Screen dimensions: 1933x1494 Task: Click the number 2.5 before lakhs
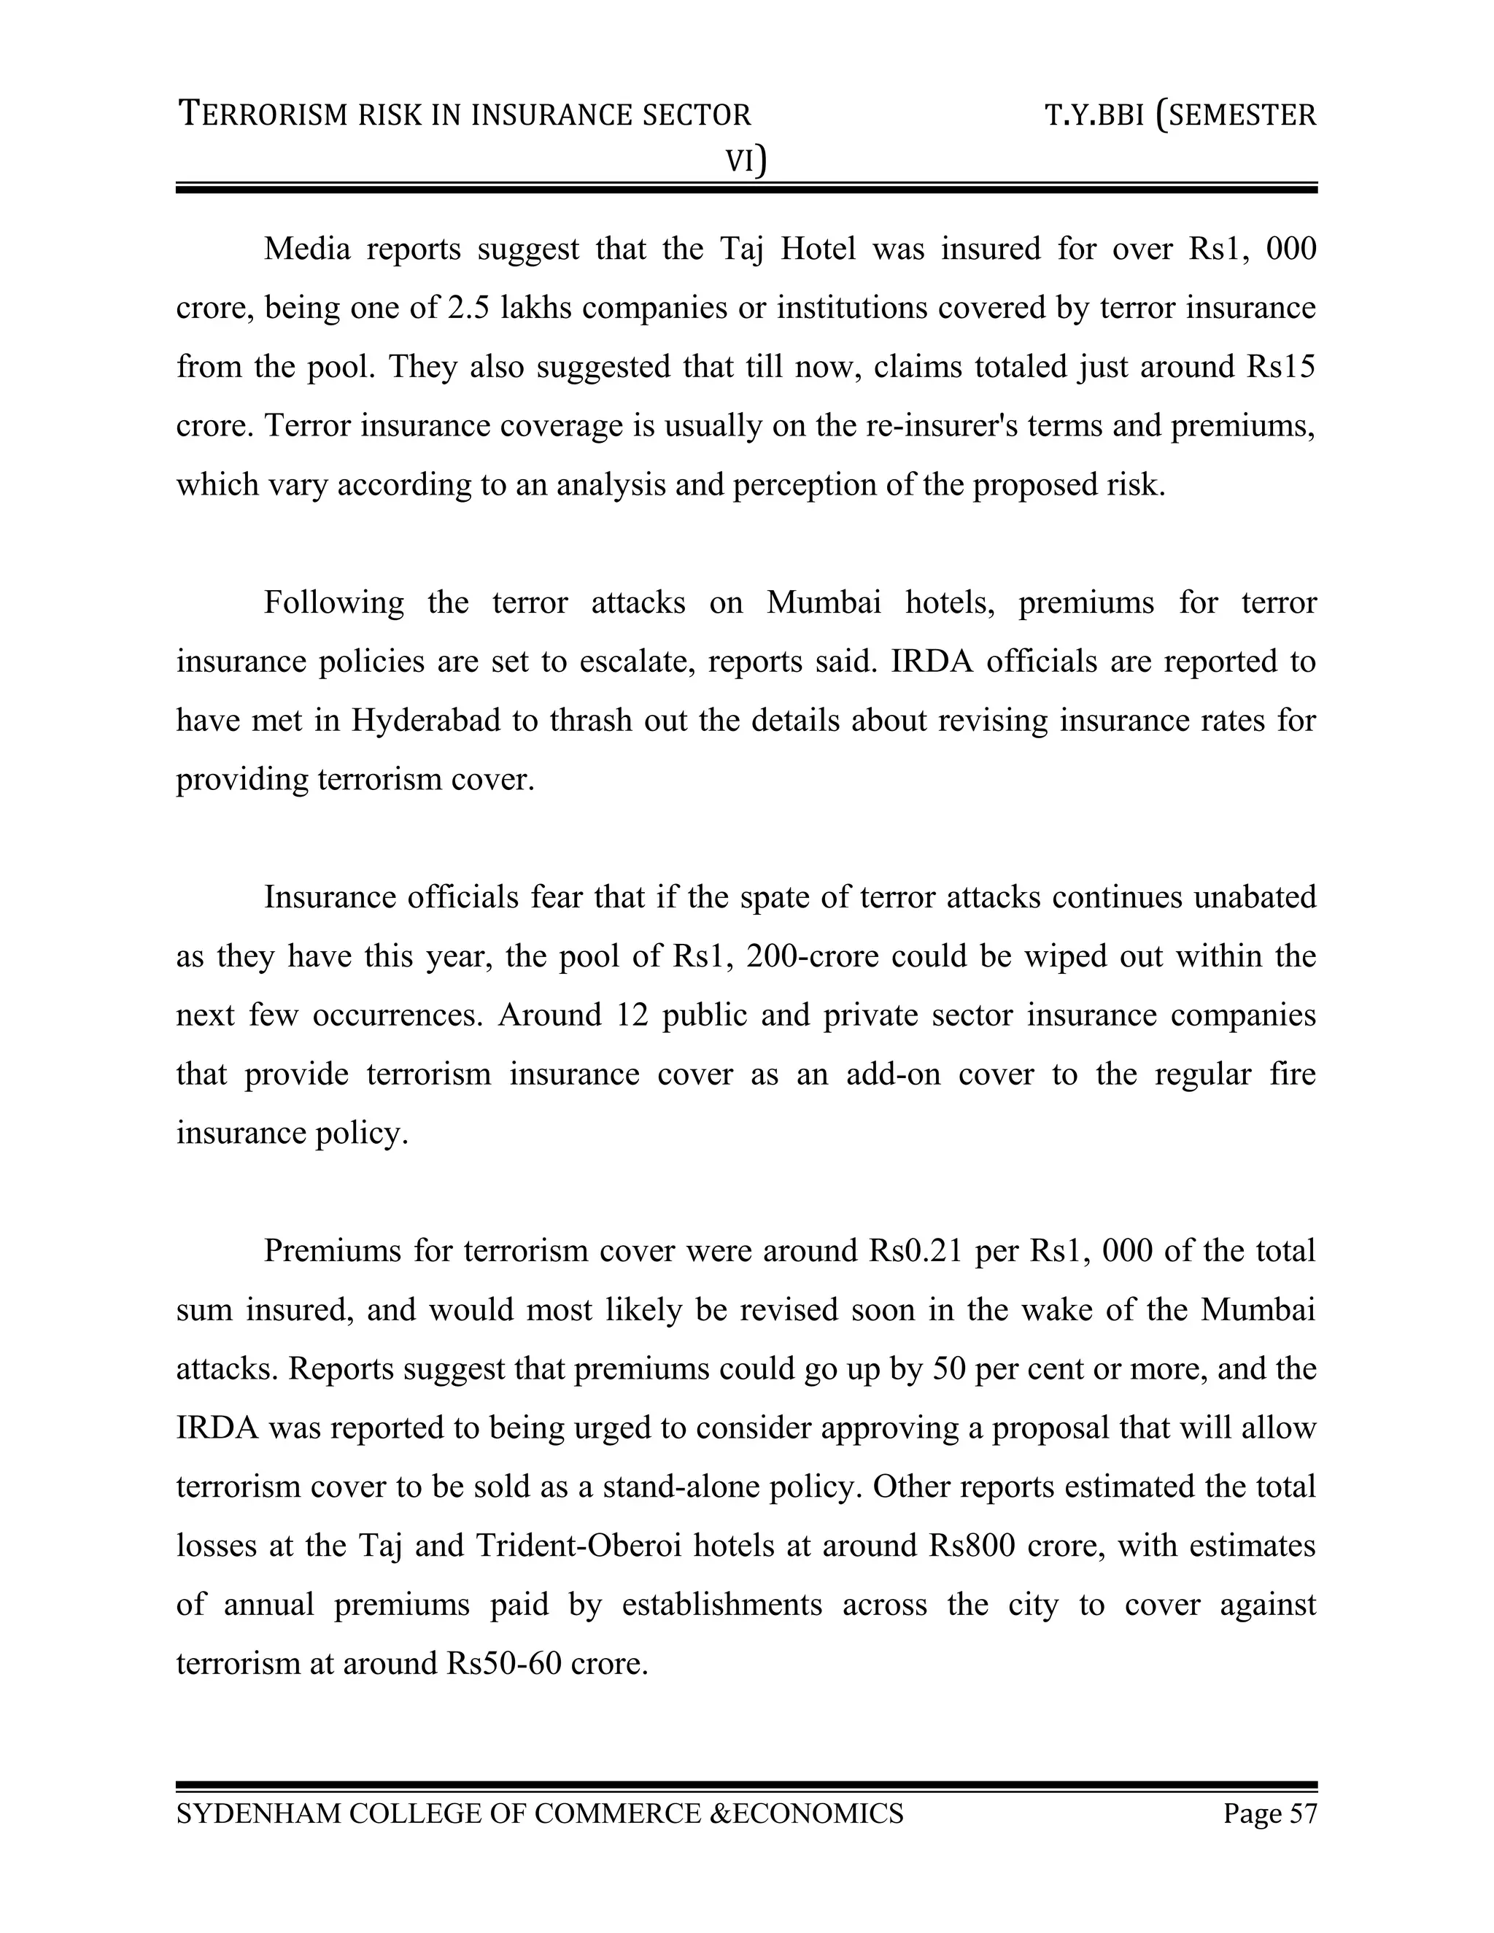click(469, 308)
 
